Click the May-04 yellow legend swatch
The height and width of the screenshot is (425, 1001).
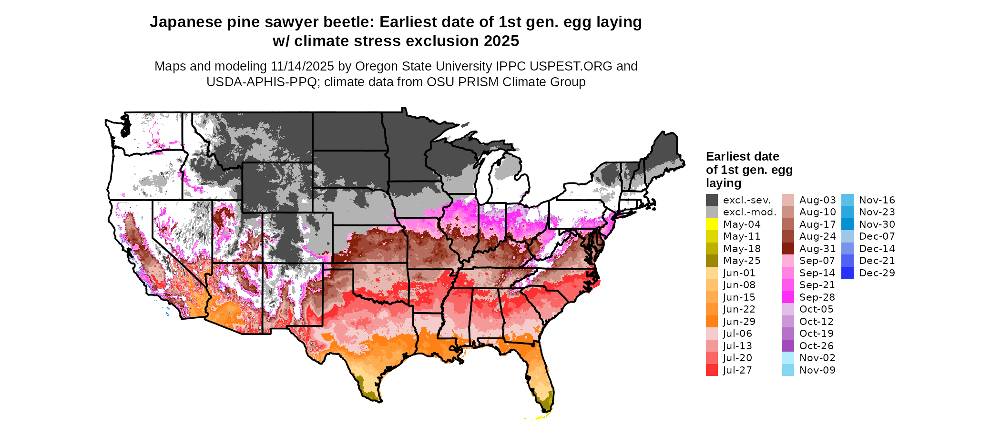click(x=712, y=224)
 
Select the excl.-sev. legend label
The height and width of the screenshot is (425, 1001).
click(x=747, y=200)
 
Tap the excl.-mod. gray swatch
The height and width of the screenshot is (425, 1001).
click(x=712, y=212)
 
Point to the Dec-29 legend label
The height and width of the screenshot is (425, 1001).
click(x=877, y=273)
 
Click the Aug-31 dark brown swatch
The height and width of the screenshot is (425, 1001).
click(x=788, y=249)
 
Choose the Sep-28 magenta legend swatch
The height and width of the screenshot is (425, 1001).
click(x=788, y=297)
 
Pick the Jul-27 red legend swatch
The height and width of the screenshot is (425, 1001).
click(x=712, y=370)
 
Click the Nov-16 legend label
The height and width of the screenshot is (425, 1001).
click(x=877, y=200)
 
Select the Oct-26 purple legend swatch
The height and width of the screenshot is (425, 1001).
click(x=788, y=346)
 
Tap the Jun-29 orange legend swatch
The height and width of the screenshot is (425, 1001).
click(x=712, y=322)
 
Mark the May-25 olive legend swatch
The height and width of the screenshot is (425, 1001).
click(x=712, y=261)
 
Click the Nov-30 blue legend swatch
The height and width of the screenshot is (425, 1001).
click(x=848, y=224)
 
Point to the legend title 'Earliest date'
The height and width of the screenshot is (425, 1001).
click(x=742, y=157)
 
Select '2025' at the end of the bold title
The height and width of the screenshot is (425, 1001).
click(x=501, y=41)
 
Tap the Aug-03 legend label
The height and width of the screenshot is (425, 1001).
click(x=817, y=200)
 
